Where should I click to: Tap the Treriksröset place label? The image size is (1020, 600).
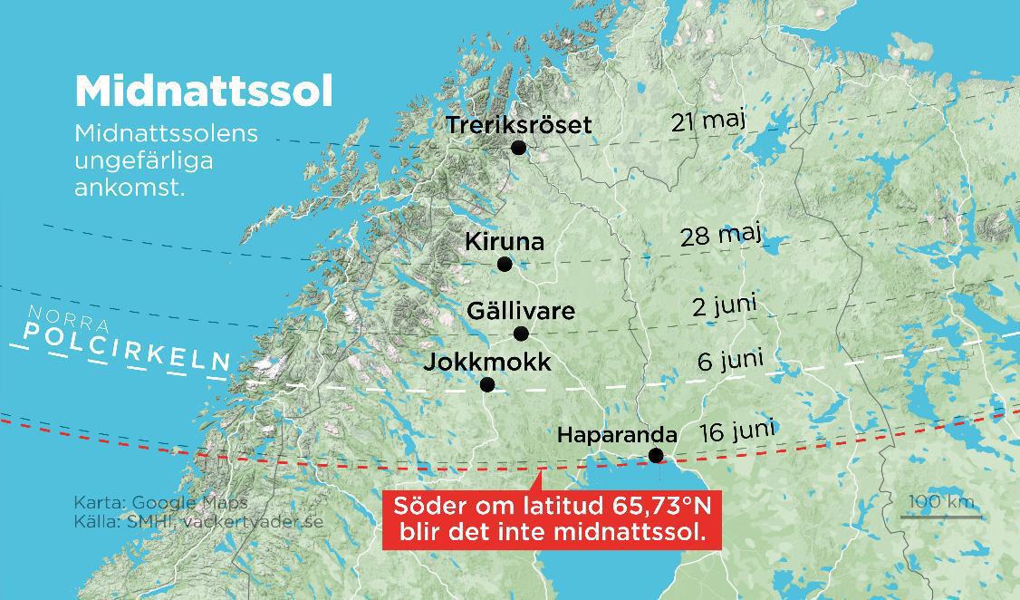tap(518, 124)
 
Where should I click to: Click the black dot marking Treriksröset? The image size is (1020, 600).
tap(518, 147)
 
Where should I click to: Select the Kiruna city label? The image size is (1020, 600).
tap(505, 242)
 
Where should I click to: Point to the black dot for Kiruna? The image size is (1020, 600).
tap(505, 264)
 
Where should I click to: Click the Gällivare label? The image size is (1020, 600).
tap(520, 311)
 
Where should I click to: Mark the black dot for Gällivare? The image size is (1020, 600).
tap(521, 334)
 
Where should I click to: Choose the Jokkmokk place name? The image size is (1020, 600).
tap(487, 363)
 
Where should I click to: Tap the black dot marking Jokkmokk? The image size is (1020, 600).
tap(487, 384)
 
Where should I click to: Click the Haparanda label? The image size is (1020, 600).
tap(617, 435)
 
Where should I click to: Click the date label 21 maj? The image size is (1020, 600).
tap(708, 121)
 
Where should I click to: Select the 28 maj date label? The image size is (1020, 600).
tap(720, 236)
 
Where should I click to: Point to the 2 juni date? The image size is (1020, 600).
tap(724, 305)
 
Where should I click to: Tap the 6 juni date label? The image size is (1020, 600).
tap(730, 361)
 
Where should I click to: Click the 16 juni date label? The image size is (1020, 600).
tap(736, 431)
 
